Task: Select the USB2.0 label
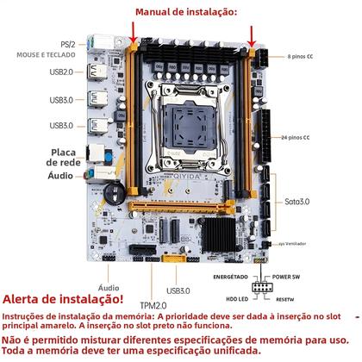pos(62,72)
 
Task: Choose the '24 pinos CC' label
pos(296,137)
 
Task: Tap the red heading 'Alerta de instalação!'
pos(64,299)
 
